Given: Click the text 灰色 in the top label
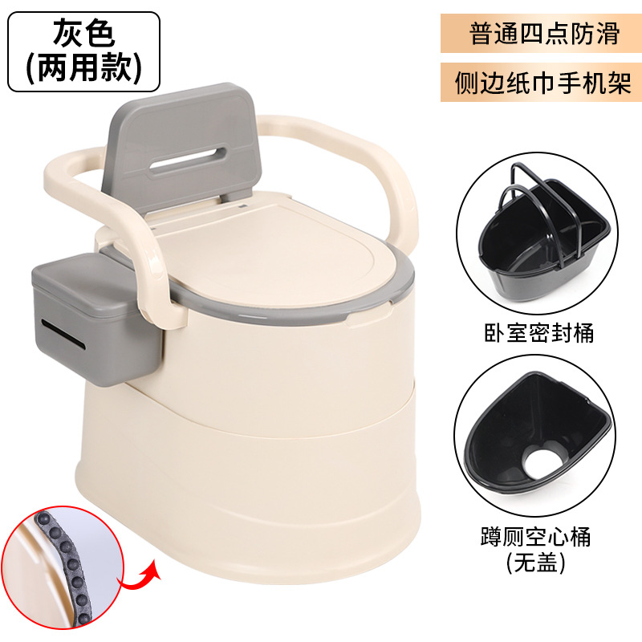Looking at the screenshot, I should tap(83, 34).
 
